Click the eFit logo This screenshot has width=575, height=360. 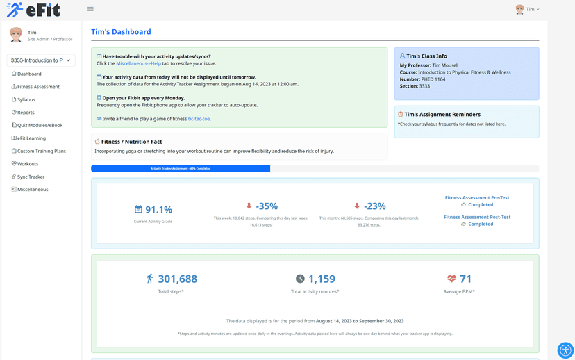(x=33, y=10)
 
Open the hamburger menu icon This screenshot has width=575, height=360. (x=90, y=9)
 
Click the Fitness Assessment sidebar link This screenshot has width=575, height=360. (x=37, y=87)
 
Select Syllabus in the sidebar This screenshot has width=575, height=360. (x=26, y=99)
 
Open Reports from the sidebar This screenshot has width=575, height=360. (x=25, y=113)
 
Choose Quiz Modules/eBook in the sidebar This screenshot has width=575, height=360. (x=40, y=125)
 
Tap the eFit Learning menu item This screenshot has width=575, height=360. (x=31, y=138)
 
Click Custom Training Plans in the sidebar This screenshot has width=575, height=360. (x=41, y=151)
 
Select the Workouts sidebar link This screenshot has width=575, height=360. (x=28, y=164)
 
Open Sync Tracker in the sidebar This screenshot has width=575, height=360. (x=31, y=177)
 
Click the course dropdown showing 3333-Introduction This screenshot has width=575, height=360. (x=41, y=60)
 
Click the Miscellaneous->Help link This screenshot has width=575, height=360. (x=138, y=63)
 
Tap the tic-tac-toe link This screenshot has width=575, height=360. (x=199, y=119)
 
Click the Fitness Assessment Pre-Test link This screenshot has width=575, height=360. (x=477, y=197)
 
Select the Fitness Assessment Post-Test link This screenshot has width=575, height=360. (x=477, y=217)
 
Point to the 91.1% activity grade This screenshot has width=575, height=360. (x=158, y=209)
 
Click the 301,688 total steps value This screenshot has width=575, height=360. (x=177, y=279)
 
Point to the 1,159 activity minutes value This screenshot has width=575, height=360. (x=322, y=279)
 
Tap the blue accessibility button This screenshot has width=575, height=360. (x=565, y=350)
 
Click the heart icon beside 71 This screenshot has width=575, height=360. (x=451, y=279)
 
